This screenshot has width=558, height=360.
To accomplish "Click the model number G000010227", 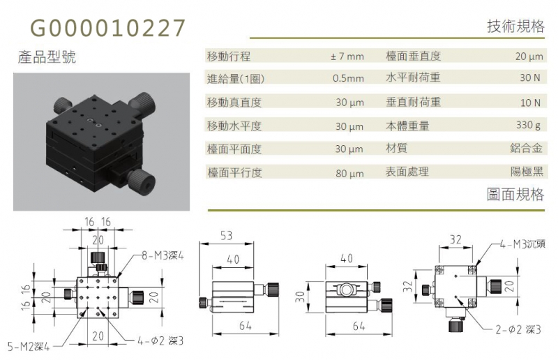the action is [108, 28].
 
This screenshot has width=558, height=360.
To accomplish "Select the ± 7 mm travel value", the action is [347, 57].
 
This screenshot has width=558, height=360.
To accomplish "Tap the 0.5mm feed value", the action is [348, 78].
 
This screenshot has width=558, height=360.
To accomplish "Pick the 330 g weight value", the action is [529, 125].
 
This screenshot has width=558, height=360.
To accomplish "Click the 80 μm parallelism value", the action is [350, 174].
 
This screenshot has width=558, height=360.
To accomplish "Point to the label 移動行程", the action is [229, 57].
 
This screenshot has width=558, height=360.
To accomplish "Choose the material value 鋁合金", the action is [527, 148].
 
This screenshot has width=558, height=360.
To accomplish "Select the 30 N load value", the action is [530, 77].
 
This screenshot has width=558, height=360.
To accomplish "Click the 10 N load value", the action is [530, 103].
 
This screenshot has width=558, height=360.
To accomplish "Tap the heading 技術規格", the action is [515, 26].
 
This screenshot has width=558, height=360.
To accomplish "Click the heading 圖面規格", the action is [515, 195].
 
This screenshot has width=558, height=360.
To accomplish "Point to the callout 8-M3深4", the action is [163, 255].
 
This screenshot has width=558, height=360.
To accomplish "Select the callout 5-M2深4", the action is [29, 346].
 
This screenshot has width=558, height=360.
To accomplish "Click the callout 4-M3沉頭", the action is [522, 244].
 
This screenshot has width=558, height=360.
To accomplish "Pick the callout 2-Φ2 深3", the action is [518, 330].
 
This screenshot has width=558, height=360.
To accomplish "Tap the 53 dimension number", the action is [226, 236].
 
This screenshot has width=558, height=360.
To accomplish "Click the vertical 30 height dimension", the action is [301, 297].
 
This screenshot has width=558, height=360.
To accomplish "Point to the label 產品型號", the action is [47, 57].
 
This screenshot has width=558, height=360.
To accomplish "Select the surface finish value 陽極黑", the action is [527, 172].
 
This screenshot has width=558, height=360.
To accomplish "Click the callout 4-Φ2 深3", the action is [160, 340].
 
